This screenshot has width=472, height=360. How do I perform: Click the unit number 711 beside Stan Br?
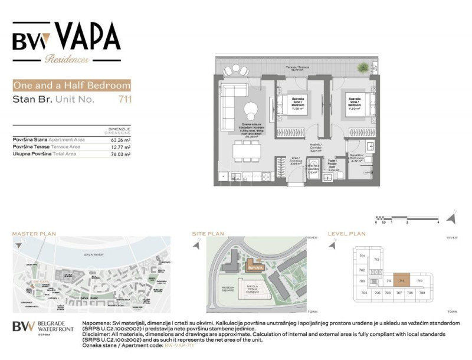coord(124,99)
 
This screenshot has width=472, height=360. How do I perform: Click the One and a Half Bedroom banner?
coord(71,86)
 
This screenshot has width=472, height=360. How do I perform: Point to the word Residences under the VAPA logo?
coord(67,60)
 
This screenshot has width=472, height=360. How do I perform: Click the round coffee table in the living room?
coord(251,109)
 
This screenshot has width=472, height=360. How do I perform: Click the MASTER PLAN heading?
coord(34,234)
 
